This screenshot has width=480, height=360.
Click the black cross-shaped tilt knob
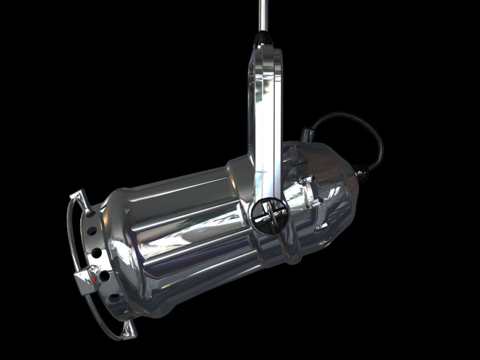click(x=266, y=214)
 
